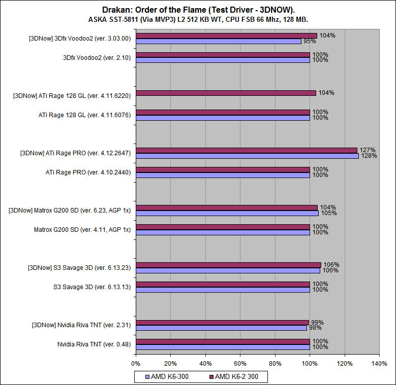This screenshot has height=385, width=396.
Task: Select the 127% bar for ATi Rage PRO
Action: point(247,150)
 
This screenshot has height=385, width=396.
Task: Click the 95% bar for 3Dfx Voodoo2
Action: point(219,41)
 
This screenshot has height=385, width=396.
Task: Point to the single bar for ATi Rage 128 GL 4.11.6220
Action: point(226,93)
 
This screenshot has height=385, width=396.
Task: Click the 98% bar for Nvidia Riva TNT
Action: point(221,328)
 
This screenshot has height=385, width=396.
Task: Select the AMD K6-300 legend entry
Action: point(168,377)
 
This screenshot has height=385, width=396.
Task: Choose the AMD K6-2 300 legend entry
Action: point(234,377)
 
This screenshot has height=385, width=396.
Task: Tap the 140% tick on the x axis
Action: point(379,364)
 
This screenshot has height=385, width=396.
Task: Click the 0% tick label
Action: point(136,364)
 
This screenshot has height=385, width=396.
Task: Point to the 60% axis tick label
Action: point(240,364)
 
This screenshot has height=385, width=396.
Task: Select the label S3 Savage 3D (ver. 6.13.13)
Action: point(92,287)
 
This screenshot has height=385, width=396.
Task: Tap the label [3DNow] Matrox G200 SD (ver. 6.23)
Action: point(70,211)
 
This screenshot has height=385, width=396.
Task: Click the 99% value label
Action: point(317,322)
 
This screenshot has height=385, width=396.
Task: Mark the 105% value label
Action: point(329,213)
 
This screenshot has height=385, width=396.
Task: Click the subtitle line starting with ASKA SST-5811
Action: point(198,19)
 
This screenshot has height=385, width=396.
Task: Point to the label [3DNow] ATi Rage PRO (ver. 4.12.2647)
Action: point(75,153)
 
